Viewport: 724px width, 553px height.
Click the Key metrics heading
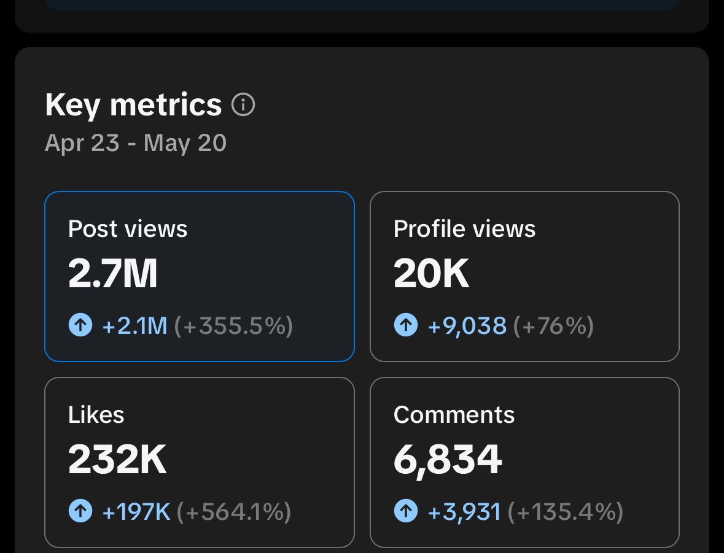pos(133,105)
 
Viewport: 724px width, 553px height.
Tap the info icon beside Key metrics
pos(243,105)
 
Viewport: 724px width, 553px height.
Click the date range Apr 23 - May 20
pos(136,143)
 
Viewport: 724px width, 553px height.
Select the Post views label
pos(128,229)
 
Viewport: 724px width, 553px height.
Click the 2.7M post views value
pos(113,274)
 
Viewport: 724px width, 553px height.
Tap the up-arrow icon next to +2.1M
pos(80,325)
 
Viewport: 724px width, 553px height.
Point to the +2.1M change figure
pos(135,325)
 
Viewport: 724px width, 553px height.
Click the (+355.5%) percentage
pos(233,325)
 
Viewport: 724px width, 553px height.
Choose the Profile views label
pos(464,229)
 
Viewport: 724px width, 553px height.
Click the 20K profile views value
pos(431,274)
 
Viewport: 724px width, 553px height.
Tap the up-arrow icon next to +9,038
pos(406,325)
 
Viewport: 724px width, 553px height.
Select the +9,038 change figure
pos(467,325)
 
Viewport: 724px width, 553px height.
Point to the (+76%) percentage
pos(553,325)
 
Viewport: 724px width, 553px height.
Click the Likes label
pos(96,415)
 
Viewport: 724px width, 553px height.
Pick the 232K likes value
pos(117,460)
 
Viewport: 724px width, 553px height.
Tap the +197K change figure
pos(136,511)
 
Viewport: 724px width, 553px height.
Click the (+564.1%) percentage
pos(234,511)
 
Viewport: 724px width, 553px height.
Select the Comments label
pos(454,415)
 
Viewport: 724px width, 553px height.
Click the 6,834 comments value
pos(448,460)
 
